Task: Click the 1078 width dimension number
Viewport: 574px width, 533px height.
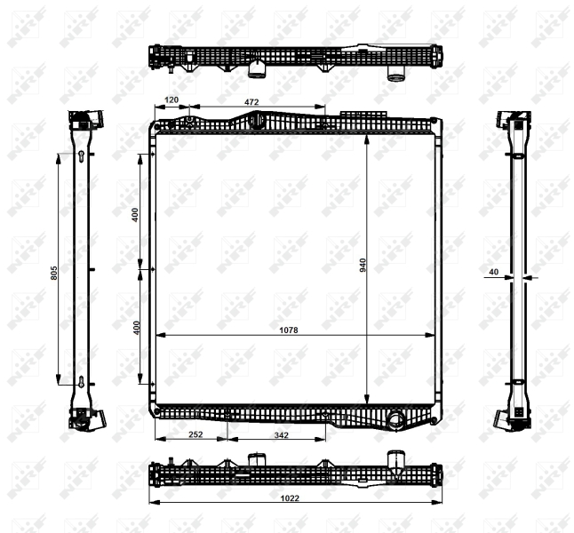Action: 289,330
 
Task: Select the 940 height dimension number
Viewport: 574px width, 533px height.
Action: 363,265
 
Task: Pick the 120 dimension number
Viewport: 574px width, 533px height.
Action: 171,101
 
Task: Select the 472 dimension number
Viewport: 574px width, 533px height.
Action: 252,101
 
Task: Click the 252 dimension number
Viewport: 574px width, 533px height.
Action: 195,434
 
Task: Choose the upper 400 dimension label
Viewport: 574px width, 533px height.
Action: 135,214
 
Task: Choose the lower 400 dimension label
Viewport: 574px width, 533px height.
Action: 135,327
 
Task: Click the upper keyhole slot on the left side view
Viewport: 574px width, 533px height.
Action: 81,158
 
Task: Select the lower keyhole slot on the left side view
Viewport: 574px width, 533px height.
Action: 81,384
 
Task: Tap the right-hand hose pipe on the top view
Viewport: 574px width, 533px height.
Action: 396,74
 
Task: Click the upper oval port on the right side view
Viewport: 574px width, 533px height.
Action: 516,157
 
